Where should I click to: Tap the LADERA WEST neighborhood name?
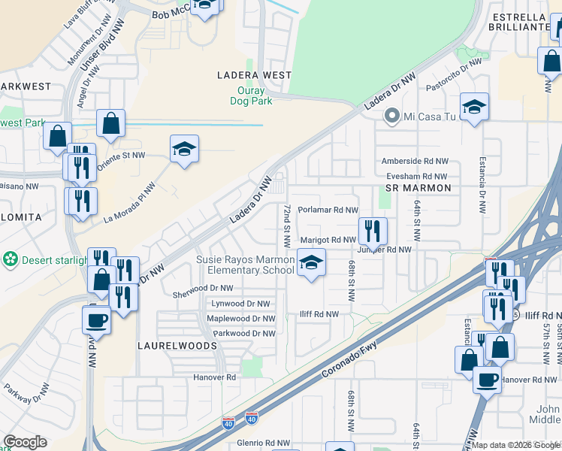click(x=254, y=75)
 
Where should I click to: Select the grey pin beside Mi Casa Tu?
click(x=391, y=117)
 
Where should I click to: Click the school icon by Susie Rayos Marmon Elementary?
click(x=310, y=263)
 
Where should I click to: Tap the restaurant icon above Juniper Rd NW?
click(x=372, y=231)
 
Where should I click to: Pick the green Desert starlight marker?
click(x=11, y=259)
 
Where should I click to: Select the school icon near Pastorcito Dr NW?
click(x=474, y=107)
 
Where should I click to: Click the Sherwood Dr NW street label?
click(x=203, y=288)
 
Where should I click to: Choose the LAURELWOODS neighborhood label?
click(x=167, y=346)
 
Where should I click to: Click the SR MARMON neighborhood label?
click(x=418, y=187)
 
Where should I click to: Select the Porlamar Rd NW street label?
click(x=328, y=210)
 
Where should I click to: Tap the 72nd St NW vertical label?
click(x=287, y=225)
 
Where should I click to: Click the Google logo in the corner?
click(x=25, y=442)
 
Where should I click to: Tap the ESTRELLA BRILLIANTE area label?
click(x=518, y=22)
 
